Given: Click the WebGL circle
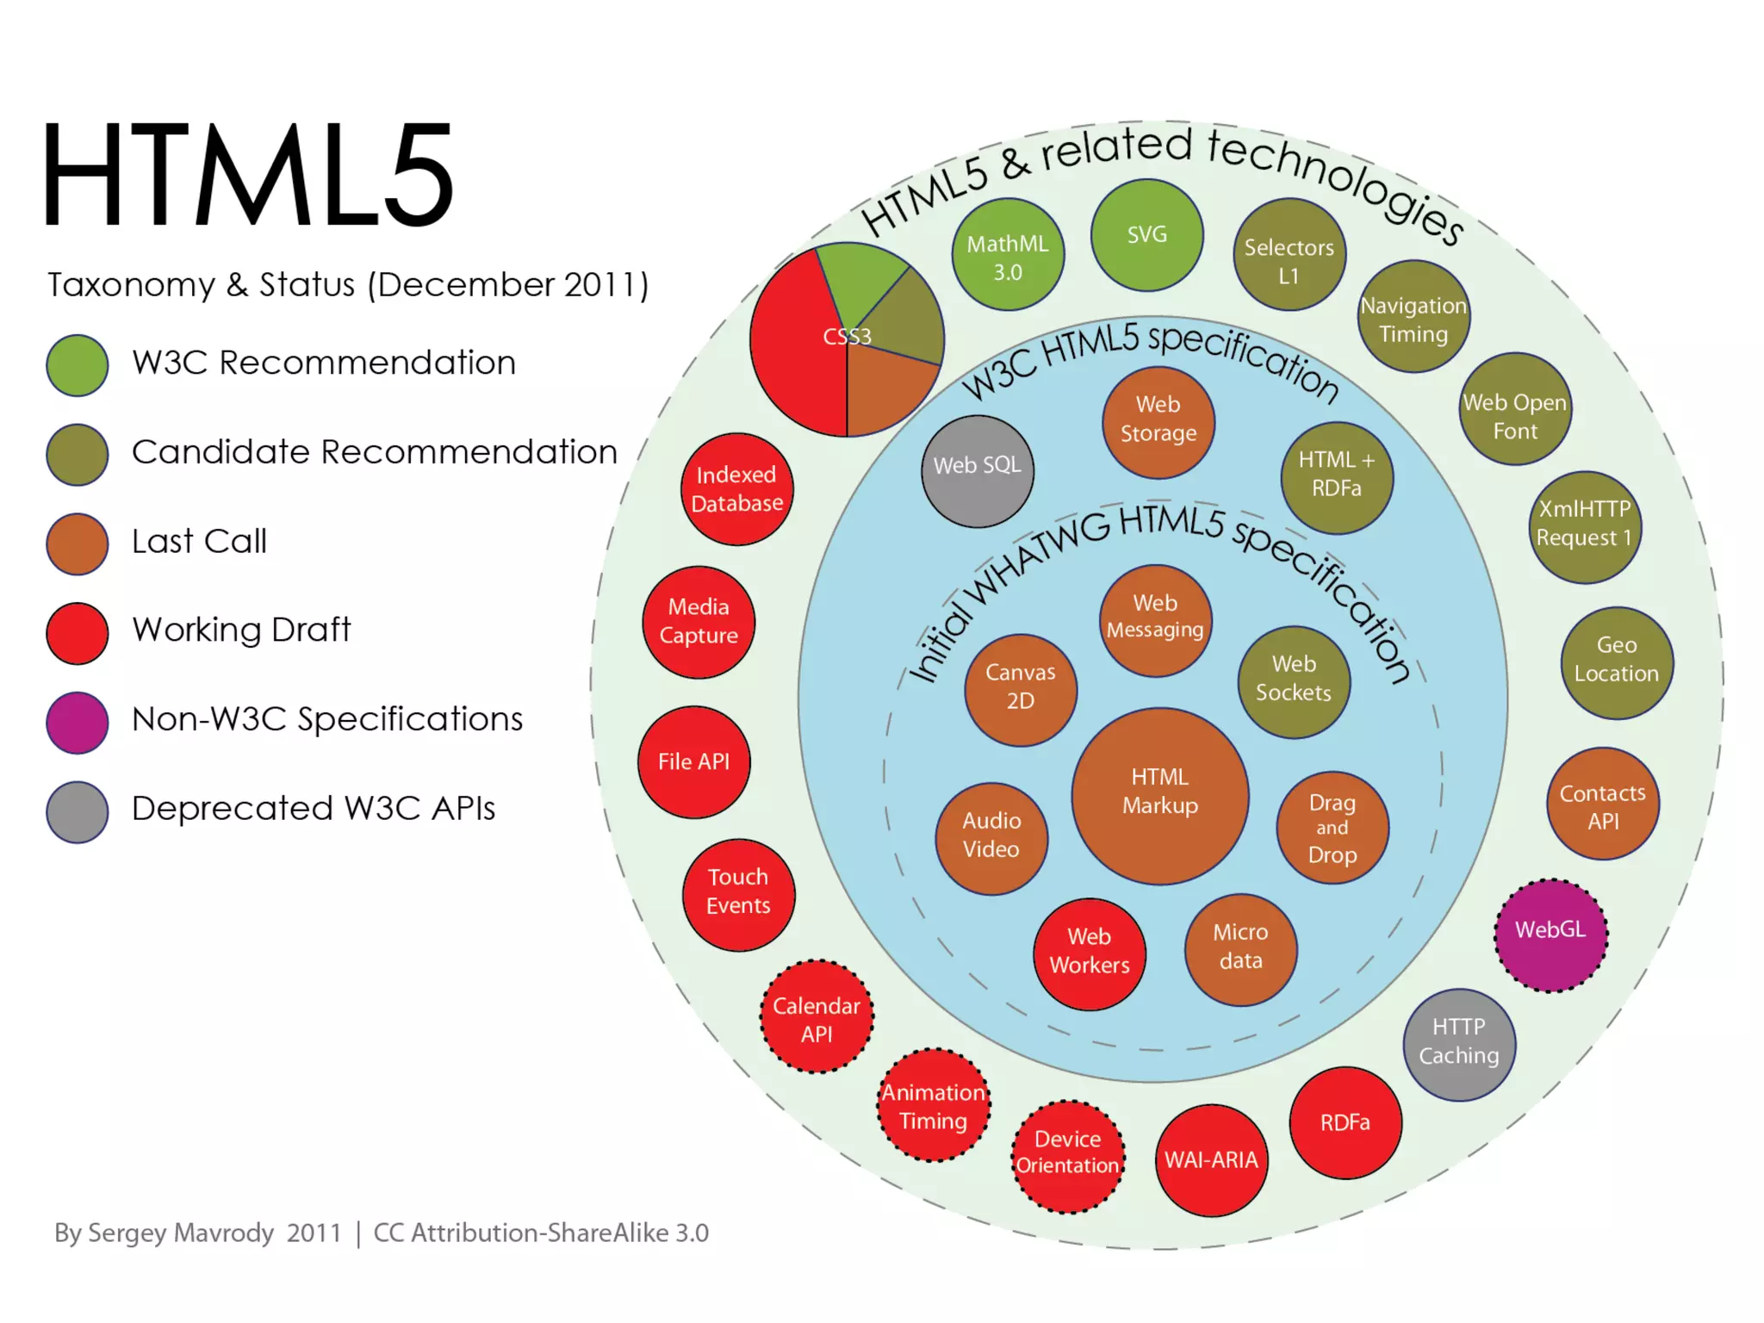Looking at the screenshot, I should click(x=1550, y=935).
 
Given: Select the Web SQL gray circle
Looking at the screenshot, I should click(x=977, y=470).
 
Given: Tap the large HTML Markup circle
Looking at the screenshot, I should click(x=1159, y=795).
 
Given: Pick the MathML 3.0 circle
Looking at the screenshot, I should click(x=1008, y=255).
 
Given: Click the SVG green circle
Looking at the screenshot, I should click(x=1146, y=234).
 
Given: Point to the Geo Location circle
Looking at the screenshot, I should click(x=1616, y=661).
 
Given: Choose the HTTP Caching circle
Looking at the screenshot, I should click(x=1459, y=1044).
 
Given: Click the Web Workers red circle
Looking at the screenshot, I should click(x=1090, y=953).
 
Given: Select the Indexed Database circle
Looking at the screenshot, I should click(x=736, y=488).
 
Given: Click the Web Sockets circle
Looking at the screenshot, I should click(x=1293, y=680).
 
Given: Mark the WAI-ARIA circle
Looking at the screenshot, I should click(x=1211, y=1160).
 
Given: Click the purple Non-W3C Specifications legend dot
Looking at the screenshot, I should click(x=78, y=722).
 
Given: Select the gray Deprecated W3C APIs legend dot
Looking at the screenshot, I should click(x=78, y=811).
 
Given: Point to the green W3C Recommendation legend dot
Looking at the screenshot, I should click(x=78, y=365).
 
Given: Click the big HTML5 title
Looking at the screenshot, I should click(x=247, y=175).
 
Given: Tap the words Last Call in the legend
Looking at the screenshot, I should click(x=199, y=542).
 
